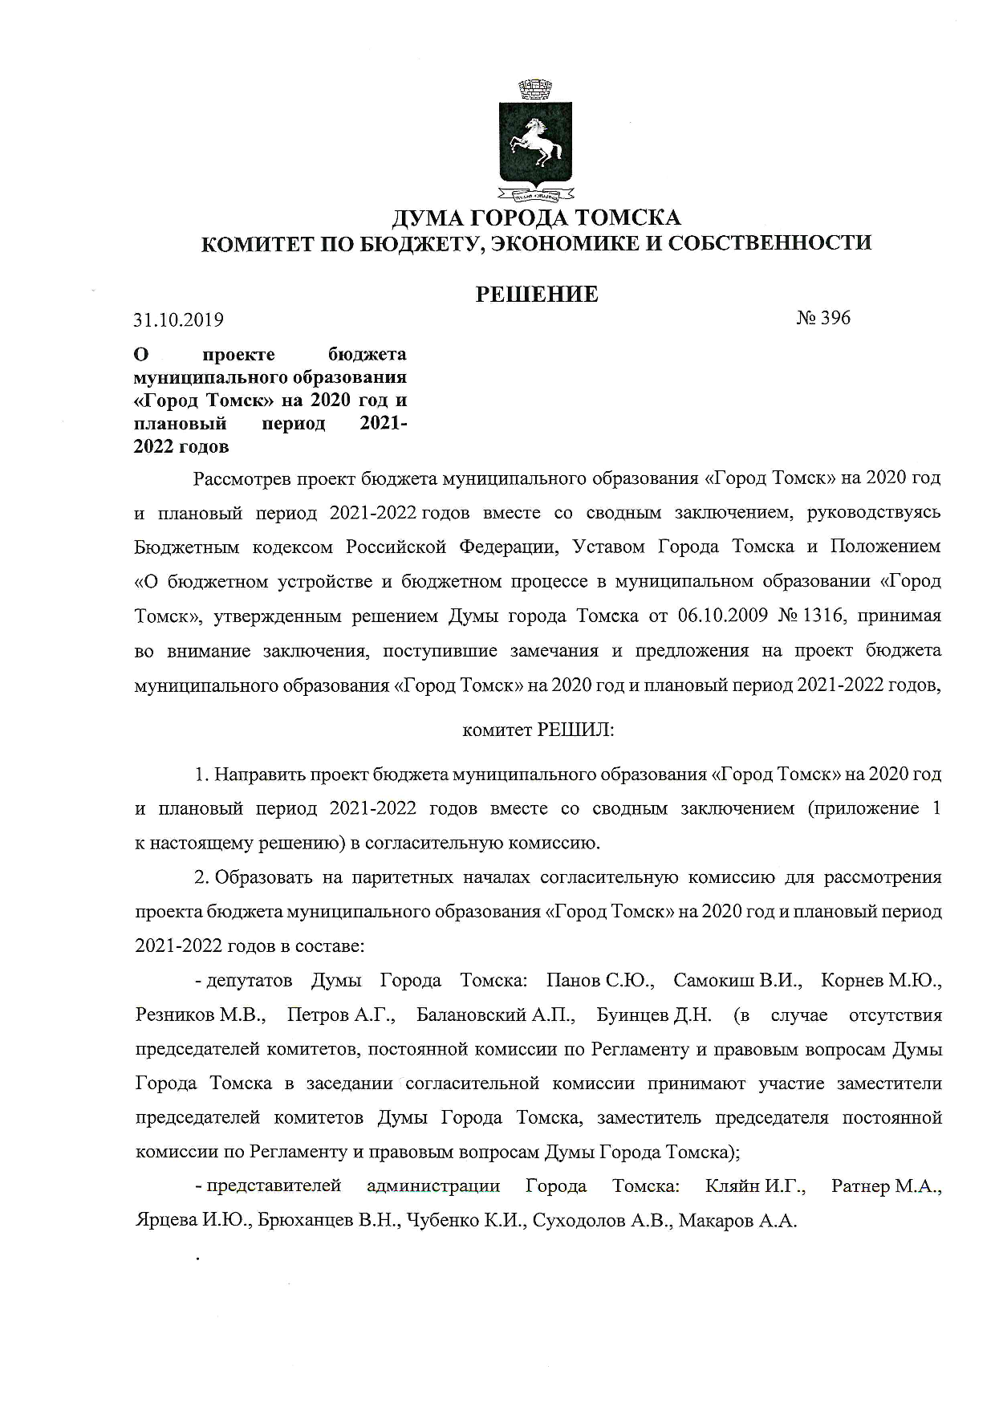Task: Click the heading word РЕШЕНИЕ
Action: pyautogui.click(x=537, y=295)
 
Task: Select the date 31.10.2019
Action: pyautogui.click(x=178, y=319)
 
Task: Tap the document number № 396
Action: pyautogui.click(x=823, y=318)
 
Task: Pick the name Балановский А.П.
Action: pyautogui.click(x=496, y=1015)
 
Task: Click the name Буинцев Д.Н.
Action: pyautogui.click(x=654, y=1015)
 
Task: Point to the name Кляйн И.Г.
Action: pyautogui.click(x=754, y=1185)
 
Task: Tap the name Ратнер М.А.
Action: pyautogui.click(x=886, y=1185)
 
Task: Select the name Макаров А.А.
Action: pyautogui.click(x=737, y=1221)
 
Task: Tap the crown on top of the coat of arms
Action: pyautogui.click(x=534, y=89)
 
